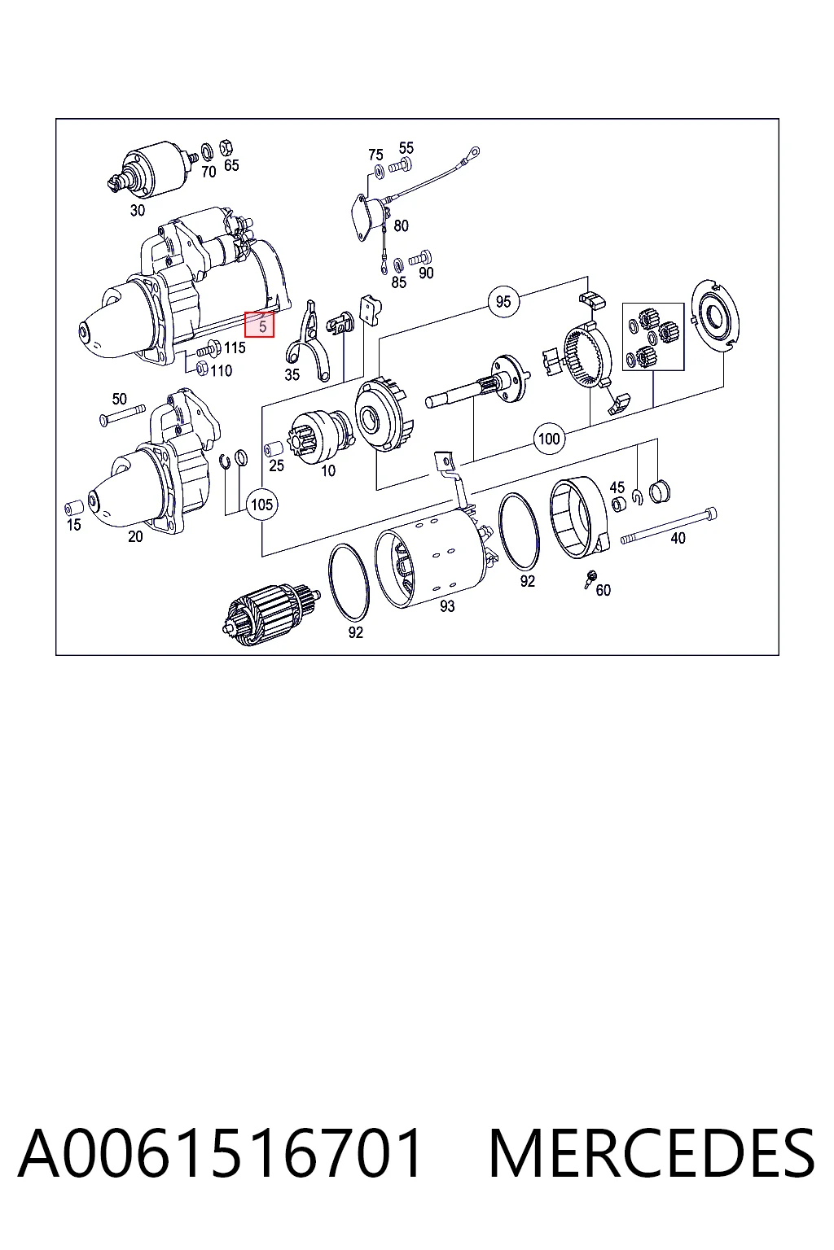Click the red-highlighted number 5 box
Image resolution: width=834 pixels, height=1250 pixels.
[259, 324]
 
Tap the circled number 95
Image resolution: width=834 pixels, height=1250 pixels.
[503, 301]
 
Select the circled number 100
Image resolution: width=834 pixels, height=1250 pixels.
[549, 439]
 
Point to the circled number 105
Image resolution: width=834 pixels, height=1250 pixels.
[261, 505]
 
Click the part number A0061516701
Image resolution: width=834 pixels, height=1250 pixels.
[220, 1153]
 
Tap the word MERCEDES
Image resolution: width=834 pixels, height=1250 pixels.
[652, 1153]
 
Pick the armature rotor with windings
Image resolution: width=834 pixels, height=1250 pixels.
[271, 614]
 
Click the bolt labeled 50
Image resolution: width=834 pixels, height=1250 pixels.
[122, 415]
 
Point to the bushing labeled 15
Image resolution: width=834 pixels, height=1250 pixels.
[74, 508]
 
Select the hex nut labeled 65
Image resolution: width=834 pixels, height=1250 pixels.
[226, 147]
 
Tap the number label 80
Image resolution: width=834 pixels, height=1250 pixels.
[401, 226]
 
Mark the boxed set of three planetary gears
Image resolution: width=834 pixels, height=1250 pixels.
[653, 336]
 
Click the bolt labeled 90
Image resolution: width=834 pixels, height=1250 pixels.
[420, 258]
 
